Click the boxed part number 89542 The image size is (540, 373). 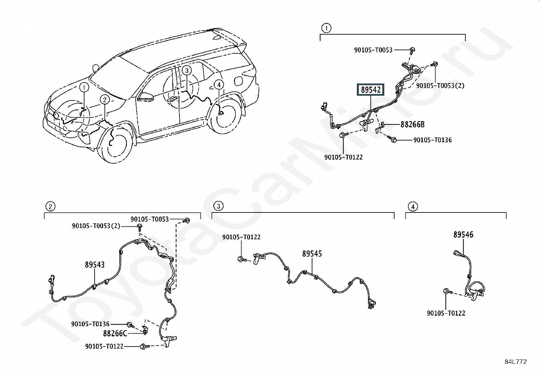pyautogui.click(x=371, y=90)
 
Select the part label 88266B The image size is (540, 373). pyautogui.click(x=412, y=125)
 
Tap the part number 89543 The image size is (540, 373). pyautogui.click(x=95, y=265)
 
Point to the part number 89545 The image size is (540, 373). pyautogui.click(x=312, y=254)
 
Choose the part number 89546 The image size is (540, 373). pyautogui.click(x=463, y=235)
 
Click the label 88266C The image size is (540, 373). pyautogui.click(x=115, y=334)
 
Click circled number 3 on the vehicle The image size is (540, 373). pyautogui.click(x=187, y=71)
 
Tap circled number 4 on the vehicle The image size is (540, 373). pyautogui.click(x=219, y=85)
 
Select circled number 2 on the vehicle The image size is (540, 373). pyautogui.click(x=105, y=99)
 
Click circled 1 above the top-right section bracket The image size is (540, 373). pyautogui.click(x=326, y=28)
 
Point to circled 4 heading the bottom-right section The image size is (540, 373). pyautogui.click(x=412, y=206)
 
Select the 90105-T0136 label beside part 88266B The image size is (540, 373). pyautogui.click(x=432, y=140)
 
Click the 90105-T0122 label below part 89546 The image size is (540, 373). pyautogui.click(x=446, y=313)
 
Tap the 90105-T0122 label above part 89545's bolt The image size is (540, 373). pyautogui.click(x=241, y=237)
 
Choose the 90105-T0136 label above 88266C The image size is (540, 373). pyautogui.click(x=90, y=324)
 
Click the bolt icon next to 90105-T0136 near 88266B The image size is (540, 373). pyautogui.click(x=394, y=139)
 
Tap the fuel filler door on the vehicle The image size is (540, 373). pyautogui.click(x=238, y=81)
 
